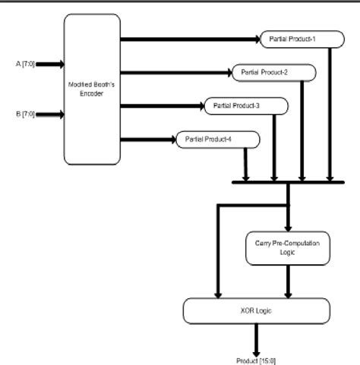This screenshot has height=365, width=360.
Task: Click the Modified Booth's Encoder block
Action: click(91, 88)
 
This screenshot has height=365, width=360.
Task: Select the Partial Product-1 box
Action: click(292, 37)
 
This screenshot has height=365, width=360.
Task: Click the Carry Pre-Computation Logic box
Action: click(286, 248)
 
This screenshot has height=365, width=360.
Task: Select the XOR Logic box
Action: click(257, 310)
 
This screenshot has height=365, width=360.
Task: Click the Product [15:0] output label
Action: click(257, 357)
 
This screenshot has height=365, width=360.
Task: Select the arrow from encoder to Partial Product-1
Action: click(190, 37)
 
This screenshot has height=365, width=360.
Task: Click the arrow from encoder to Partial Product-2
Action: click(175, 72)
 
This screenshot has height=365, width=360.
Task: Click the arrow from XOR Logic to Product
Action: click(257, 335)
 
